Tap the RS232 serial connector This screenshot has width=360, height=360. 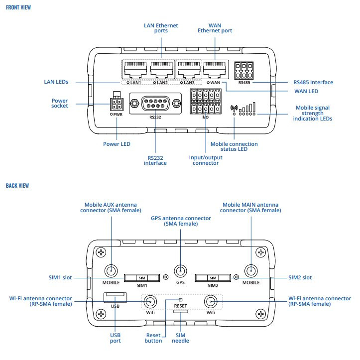click(x=155, y=104)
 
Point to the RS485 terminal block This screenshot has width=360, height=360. click(x=244, y=71)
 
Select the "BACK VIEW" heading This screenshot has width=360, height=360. click(x=17, y=185)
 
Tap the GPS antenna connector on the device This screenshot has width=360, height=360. click(x=180, y=271)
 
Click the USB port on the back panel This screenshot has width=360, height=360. click(x=115, y=297)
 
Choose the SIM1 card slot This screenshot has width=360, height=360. click(x=141, y=277)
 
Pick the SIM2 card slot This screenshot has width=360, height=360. click(x=213, y=277)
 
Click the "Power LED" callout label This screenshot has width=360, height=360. click(x=117, y=145)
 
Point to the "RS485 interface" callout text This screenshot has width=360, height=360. click(x=312, y=82)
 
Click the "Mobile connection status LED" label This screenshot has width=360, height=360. click(x=234, y=147)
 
